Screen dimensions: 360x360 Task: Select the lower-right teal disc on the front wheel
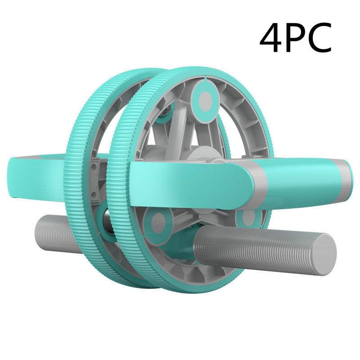(x=248, y=218)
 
